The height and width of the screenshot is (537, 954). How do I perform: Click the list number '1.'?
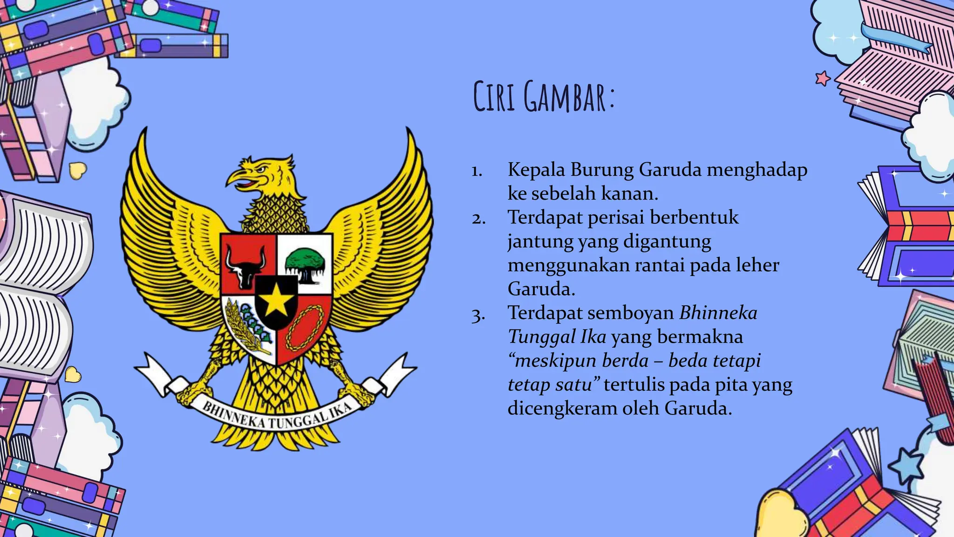coord(477,171)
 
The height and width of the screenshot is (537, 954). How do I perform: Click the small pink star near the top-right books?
coord(823,78)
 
